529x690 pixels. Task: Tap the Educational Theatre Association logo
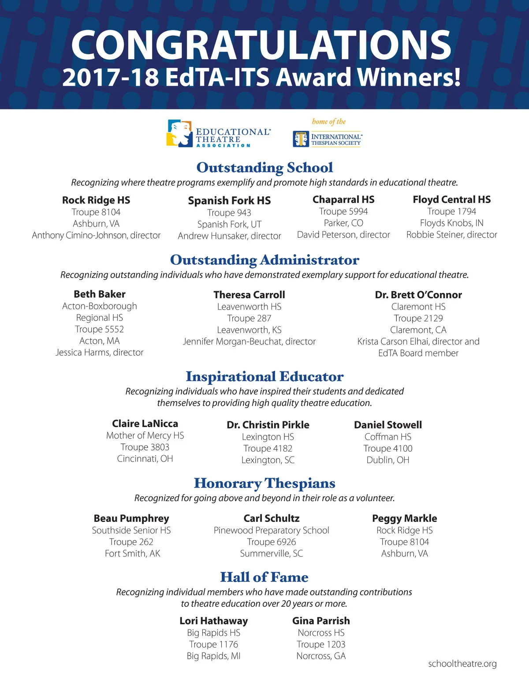click(x=218, y=134)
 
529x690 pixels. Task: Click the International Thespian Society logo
click(x=327, y=139)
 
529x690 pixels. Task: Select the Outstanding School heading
click(x=264, y=168)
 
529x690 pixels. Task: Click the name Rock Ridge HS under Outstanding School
click(x=96, y=200)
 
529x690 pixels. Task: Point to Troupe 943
click(x=229, y=213)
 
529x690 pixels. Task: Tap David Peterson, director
click(x=343, y=235)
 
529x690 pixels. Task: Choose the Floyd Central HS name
click(x=451, y=199)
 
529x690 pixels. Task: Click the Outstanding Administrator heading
click(x=264, y=260)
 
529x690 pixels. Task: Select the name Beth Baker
click(x=100, y=294)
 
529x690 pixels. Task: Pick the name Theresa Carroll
click(x=249, y=295)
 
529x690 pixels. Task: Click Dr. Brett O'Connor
click(x=418, y=295)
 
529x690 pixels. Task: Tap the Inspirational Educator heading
click(x=264, y=376)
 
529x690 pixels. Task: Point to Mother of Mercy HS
click(x=145, y=435)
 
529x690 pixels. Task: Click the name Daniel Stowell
click(x=388, y=425)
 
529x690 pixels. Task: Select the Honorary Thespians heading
click(x=264, y=484)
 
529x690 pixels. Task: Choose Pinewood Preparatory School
click(x=272, y=530)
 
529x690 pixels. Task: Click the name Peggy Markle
click(x=405, y=518)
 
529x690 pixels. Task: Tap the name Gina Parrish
click(x=321, y=621)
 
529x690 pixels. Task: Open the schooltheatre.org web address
click(x=462, y=664)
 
